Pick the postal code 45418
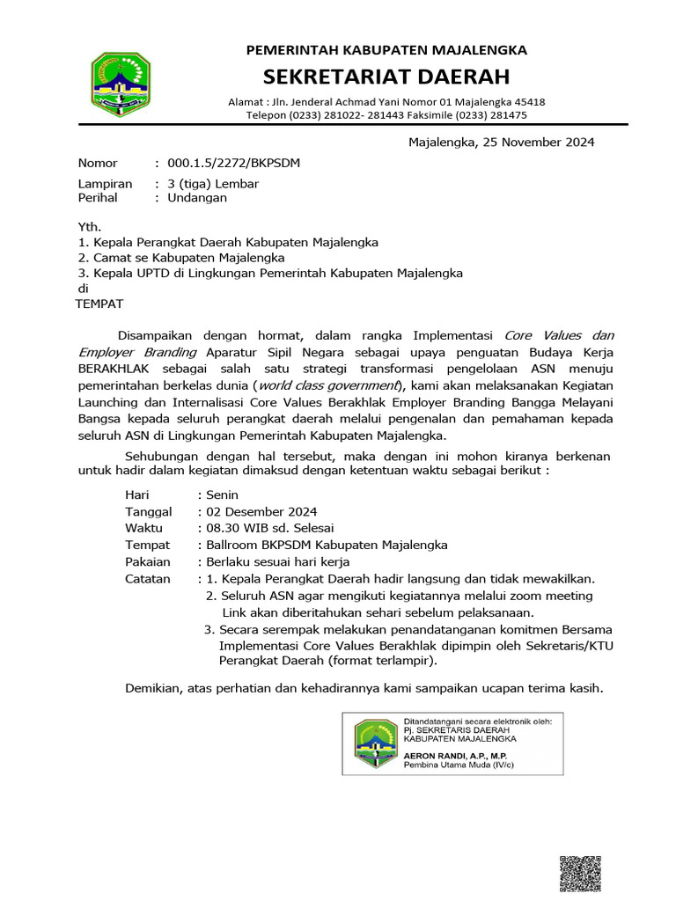(x=526, y=102)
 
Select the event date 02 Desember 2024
(x=261, y=512)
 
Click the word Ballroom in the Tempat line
(x=233, y=545)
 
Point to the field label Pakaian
(x=148, y=561)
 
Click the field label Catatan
(x=149, y=578)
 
